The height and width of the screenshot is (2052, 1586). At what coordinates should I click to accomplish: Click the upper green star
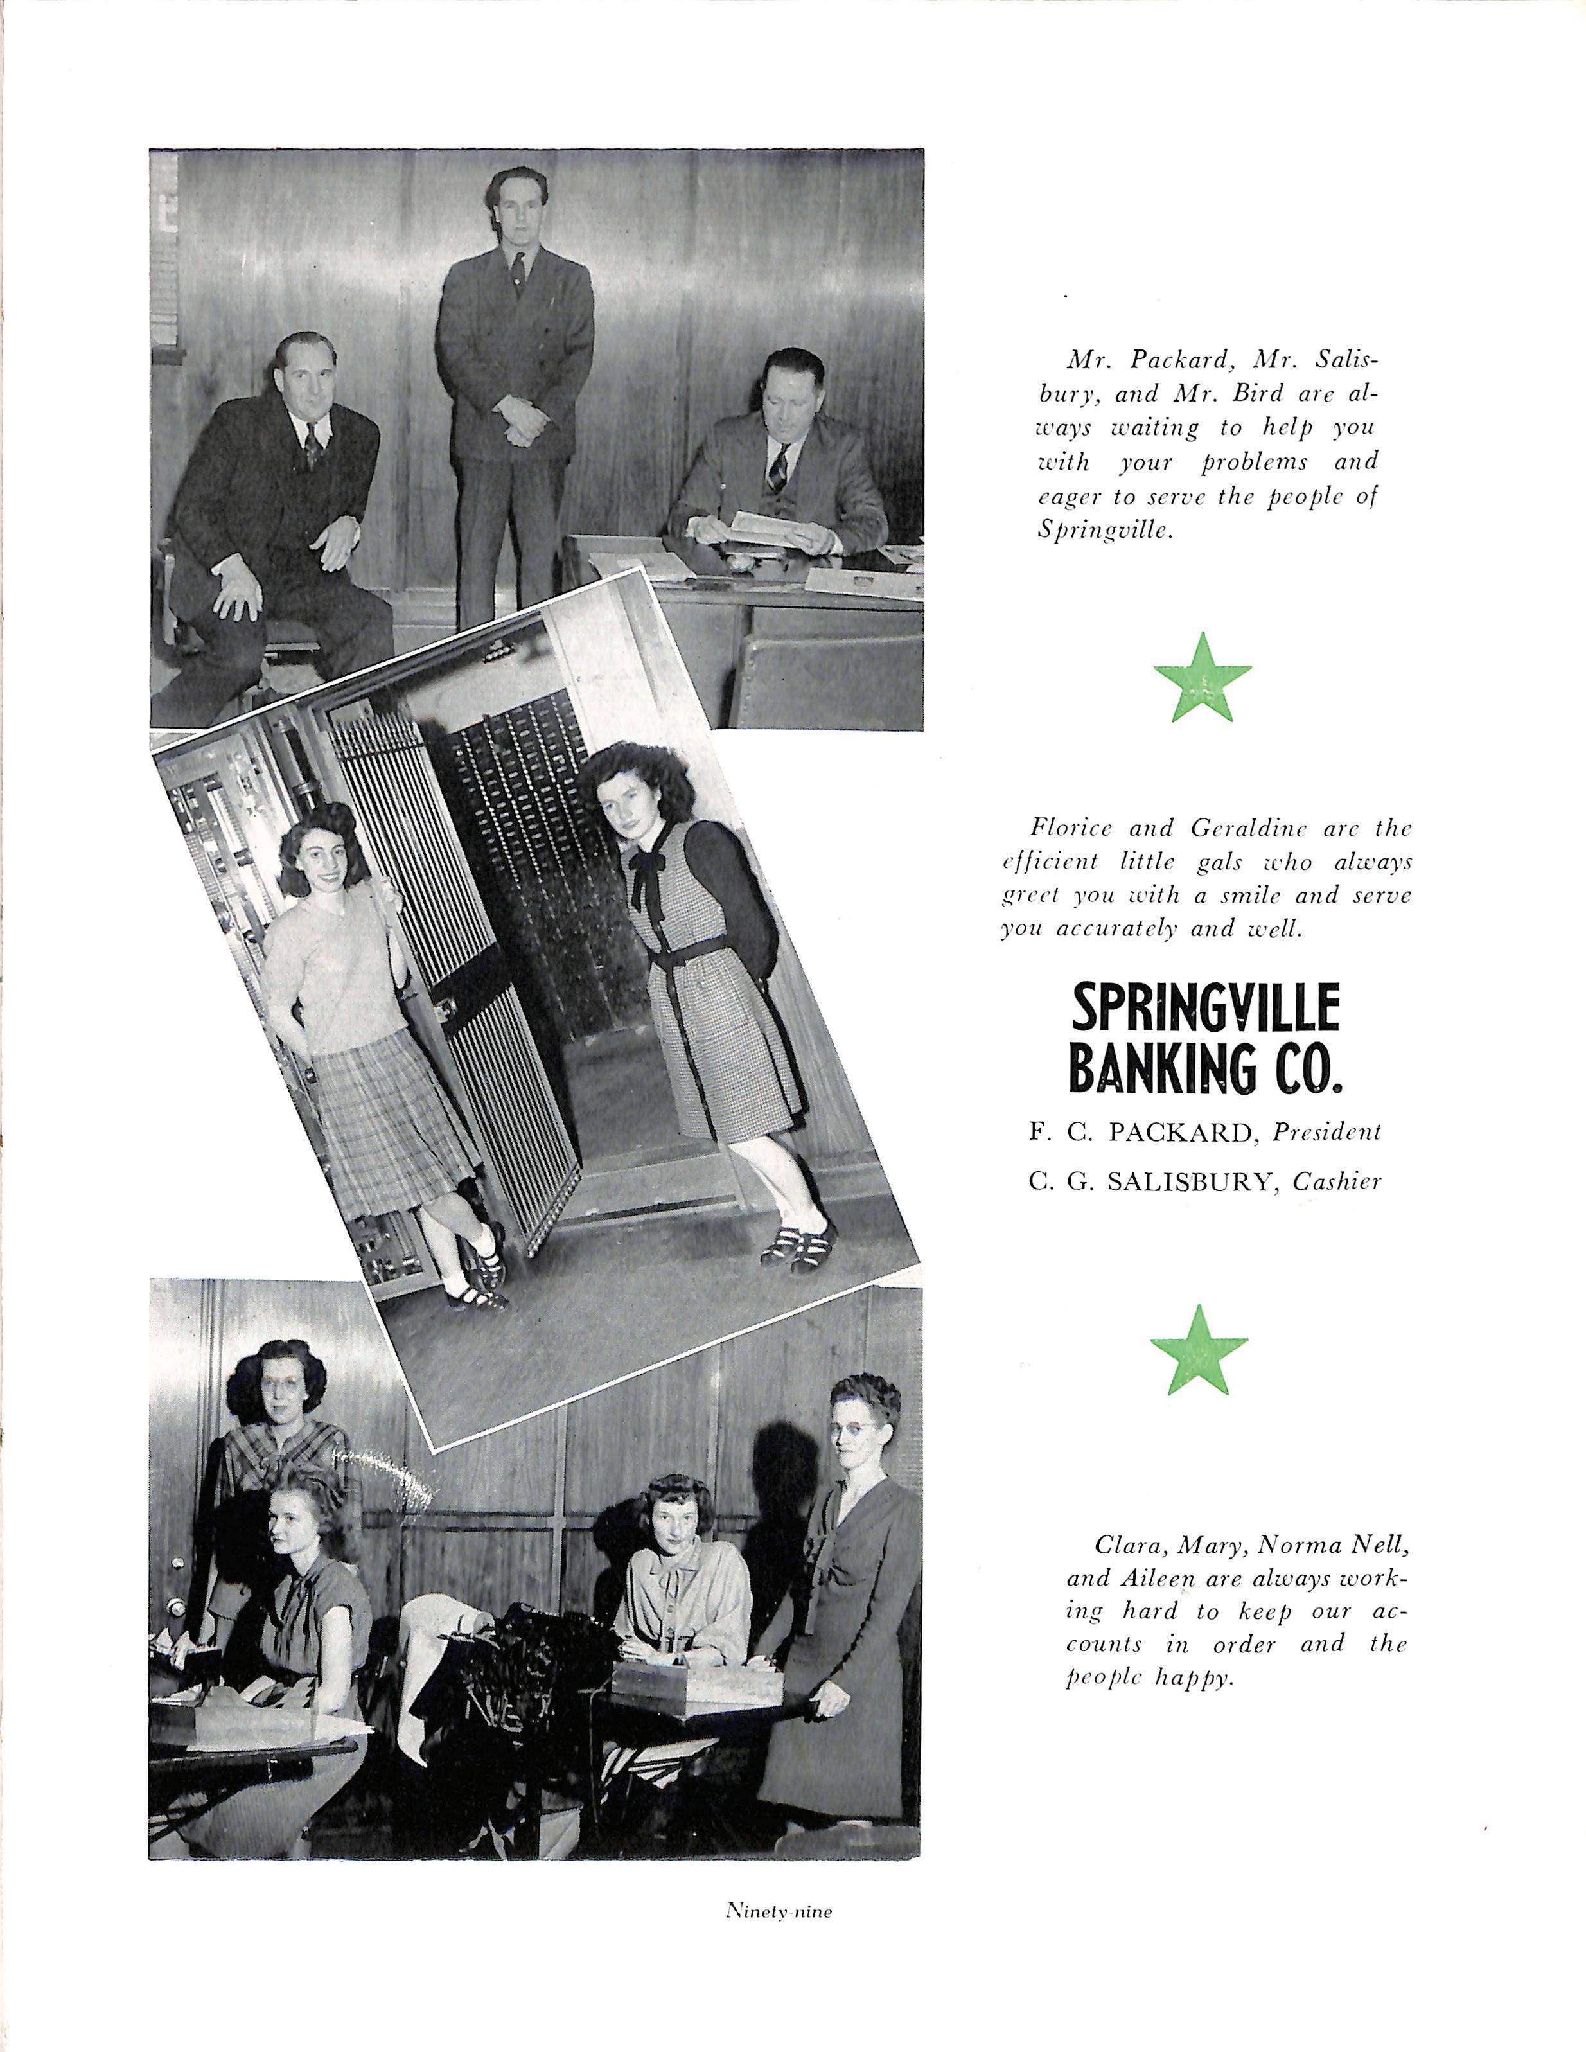[1202, 677]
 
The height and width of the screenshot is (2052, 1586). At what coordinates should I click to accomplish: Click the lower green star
[1199, 1350]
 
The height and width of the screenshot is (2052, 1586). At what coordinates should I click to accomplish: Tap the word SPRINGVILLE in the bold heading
[1206, 1010]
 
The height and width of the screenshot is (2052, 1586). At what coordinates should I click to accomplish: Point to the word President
[1326, 1132]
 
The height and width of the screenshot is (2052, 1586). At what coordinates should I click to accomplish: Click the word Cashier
[1336, 1182]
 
